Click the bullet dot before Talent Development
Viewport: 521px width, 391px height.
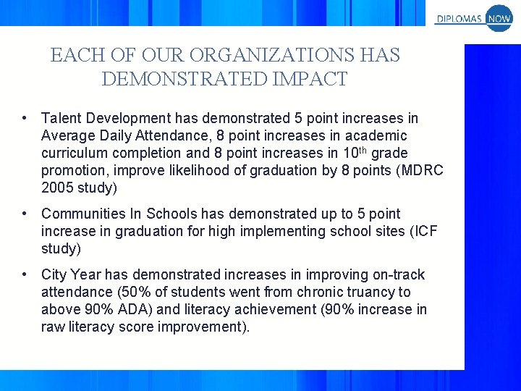coord(25,118)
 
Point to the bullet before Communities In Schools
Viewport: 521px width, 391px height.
coord(25,214)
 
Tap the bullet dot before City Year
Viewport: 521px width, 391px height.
coord(25,274)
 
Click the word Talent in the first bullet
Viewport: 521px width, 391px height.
coord(60,118)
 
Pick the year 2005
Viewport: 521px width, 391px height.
coord(57,188)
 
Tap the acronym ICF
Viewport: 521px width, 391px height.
coord(422,231)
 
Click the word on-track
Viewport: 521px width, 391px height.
coord(399,274)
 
